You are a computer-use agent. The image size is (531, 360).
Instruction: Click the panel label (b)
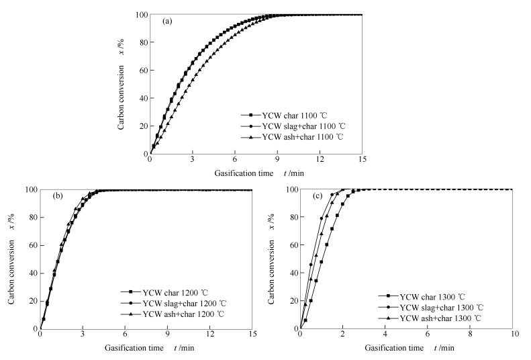coord(59,197)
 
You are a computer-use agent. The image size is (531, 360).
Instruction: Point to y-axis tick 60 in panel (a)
coord(140,70)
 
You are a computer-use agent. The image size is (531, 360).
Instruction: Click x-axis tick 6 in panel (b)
coord(125,336)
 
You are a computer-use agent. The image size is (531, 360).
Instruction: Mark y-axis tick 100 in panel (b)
coord(30,189)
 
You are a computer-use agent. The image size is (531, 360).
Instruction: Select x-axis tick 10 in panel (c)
coord(513,336)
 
